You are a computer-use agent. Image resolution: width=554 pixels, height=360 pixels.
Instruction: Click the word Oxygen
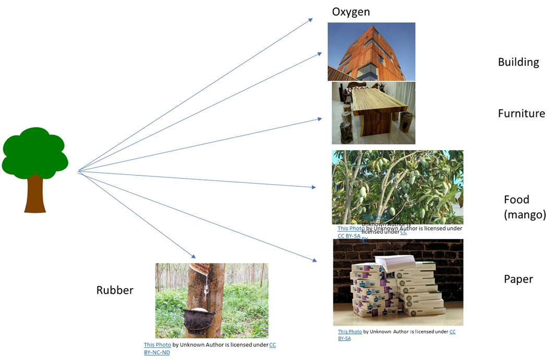coord(351,12)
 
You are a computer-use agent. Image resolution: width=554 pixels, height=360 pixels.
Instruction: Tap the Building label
coord(518,62)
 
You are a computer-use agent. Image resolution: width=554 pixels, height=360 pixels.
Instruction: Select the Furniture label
coord(521,113)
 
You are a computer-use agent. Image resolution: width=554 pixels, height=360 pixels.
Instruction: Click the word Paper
coord(518,279)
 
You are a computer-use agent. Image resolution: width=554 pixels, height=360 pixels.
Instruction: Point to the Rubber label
coord(115,290)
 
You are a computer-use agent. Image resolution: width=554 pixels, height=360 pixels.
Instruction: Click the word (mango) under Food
coord(525,214)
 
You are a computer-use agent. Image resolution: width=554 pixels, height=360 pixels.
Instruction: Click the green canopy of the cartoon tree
coord(35,152)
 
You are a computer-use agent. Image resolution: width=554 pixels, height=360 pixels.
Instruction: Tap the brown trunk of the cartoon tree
coord(35,193)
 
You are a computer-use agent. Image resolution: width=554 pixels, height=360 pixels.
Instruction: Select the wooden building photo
coord(371,52)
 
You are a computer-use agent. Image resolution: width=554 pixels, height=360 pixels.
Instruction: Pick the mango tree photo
coord(397,185)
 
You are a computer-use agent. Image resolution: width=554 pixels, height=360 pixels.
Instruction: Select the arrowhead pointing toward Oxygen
coord(310,20)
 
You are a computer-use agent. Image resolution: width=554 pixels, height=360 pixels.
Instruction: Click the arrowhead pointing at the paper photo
coord(315,260)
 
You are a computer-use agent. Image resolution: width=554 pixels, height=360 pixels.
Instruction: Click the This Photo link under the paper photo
coord(350,332)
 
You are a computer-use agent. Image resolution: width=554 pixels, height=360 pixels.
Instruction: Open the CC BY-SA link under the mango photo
coord(349,236)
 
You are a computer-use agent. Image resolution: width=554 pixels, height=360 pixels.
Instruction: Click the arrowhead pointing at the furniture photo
coord(319,119)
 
